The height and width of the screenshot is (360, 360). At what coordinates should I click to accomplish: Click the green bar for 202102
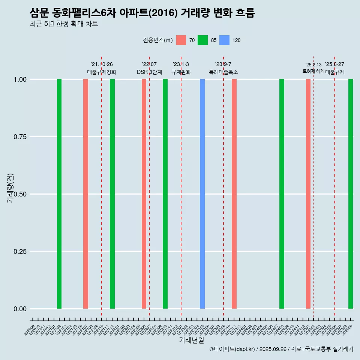pos(59,194)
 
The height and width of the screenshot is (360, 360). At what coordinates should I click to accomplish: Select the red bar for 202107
pos(85,194)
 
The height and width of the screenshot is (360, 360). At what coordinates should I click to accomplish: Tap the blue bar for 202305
pos(202,194)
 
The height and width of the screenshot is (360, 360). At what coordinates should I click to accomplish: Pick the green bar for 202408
pos(282,194)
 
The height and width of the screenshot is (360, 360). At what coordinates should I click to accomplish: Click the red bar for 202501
pos(308,194)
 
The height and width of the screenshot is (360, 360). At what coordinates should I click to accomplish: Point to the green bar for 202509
pos(351,194)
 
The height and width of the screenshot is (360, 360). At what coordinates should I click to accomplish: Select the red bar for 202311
pos(234,194)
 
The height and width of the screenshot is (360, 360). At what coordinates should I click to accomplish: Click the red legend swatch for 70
pos(181,40)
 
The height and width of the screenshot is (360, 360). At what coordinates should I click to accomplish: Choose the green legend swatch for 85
pos(203,40)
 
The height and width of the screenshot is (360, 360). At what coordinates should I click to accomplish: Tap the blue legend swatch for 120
pos(224,40)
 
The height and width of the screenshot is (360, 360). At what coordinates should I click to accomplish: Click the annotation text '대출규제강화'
pos(102,72)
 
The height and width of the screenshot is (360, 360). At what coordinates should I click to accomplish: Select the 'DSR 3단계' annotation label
pos(149,72)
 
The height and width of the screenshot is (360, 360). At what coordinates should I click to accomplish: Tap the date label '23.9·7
pos(223,64)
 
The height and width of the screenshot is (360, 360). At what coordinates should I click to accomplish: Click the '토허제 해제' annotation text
pos(313,71)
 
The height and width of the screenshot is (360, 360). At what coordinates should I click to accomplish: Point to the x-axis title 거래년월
pos(191,340)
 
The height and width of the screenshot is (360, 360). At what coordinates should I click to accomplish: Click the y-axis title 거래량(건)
pos(10,187)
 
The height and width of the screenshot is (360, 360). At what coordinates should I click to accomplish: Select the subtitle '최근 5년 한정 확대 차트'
pos(64,24)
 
